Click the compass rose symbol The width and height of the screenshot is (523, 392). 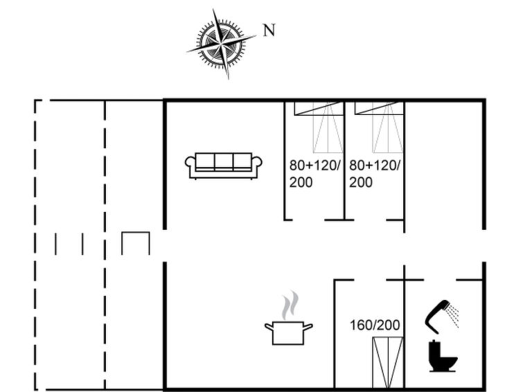222,44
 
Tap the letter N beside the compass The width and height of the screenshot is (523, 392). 269,30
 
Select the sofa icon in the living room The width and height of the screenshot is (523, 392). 224,166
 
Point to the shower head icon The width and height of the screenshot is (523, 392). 438,316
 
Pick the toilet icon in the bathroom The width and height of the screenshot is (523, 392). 443,355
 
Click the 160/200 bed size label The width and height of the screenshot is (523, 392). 375,325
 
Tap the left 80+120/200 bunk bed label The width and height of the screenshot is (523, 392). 314,174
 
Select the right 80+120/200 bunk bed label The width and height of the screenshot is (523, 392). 374,174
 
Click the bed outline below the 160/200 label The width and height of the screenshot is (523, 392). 388,363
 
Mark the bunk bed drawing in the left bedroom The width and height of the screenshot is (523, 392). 319,127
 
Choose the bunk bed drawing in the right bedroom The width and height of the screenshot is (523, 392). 379,127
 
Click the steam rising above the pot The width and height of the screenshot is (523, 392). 290,305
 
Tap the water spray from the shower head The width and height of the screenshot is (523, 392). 453,316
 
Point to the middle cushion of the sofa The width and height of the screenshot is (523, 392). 224,161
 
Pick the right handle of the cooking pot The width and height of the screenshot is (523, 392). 308,327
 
